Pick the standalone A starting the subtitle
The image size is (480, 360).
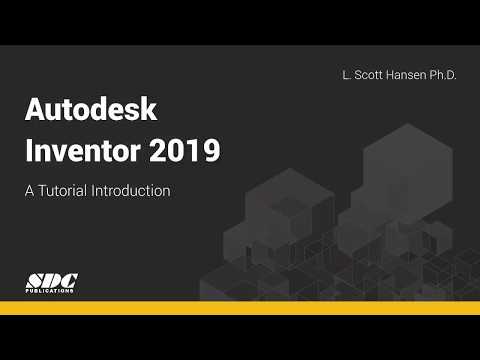click(30, 191)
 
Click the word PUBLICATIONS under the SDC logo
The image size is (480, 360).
click(50, 292)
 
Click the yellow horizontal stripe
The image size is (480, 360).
click(240, 307)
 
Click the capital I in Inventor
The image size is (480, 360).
click(28, 152)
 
